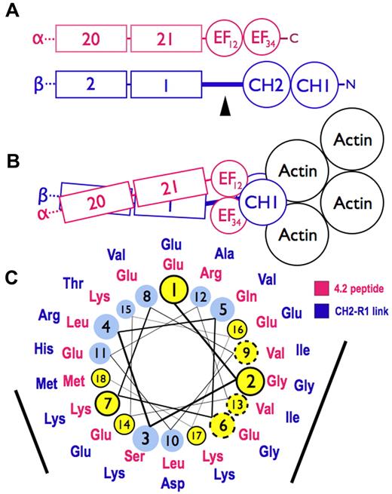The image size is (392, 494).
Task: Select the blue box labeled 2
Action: point(90,84)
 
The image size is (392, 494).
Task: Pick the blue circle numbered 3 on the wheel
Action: point(146,437)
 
